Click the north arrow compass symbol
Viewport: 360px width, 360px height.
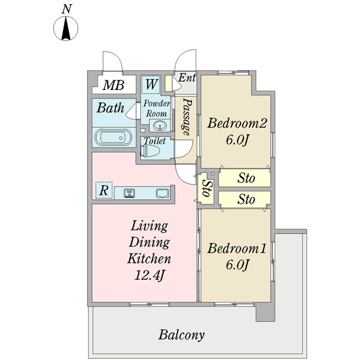[x=65, y=28]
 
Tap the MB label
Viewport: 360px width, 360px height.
[x=113, y=85]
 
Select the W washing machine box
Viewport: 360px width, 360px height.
[x=151, y=84]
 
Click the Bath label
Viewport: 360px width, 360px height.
[x=110, y=107]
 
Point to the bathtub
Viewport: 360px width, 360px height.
[x=113, y=137]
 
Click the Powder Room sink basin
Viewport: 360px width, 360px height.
[x=159, y=125]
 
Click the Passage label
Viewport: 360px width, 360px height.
[x=187, y=117]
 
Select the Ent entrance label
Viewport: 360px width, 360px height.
[x=187, y=77]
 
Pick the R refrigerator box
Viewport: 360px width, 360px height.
[x=104, y=190]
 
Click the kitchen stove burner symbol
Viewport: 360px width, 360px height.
[x=130, y=193]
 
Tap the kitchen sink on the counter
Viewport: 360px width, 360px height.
[x=163, y=193]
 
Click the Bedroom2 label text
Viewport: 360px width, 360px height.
[x=237, y=123]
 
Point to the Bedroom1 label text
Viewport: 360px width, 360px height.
[x=237, y=248]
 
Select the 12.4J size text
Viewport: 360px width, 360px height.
[x=149, y=275]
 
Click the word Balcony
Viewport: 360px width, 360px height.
[x=181, y=335]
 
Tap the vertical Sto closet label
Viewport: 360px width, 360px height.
[x=206, y=188]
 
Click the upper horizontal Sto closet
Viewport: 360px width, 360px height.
[x=244, y=178]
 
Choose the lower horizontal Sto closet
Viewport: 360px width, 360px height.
[x=244, y=199]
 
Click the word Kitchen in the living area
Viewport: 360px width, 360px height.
[x=149, y=259]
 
